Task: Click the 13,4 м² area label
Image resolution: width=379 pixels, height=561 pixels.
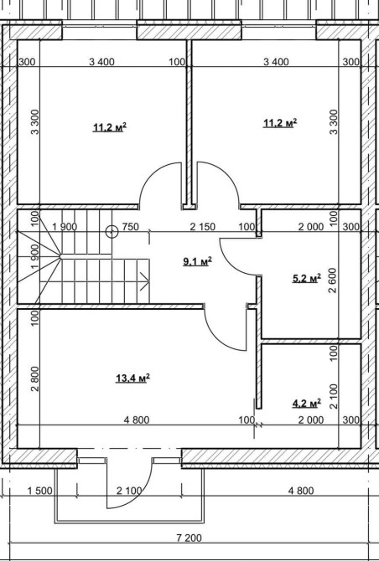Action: (x=132, y=378)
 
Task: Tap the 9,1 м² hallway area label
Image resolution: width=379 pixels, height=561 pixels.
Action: (x=197, y=261)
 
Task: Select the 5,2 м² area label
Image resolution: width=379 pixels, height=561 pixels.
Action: (x=307, y=278)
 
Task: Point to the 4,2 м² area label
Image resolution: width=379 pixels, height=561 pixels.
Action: (x=307, y=404)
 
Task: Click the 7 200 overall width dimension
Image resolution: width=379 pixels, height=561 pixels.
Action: (x=189, y=538)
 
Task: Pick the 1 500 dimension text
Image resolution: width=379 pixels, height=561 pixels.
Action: (x=40, y=491)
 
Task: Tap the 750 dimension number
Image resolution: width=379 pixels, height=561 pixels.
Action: (x=131, y=227)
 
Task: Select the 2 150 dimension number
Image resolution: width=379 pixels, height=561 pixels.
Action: (x=203, y=227)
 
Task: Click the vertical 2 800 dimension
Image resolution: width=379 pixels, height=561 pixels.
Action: (x=34, y=379)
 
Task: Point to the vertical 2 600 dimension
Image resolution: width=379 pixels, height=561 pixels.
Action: (x=333, y=280)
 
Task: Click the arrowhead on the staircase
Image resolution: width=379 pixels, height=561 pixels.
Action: (x=145, y=281)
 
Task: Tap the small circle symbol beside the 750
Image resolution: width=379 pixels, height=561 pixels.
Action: (x=112, y=232)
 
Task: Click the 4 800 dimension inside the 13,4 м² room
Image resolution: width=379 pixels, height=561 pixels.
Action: (x=137, y=419)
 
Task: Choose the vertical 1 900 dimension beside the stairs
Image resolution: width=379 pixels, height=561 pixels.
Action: (x=34, y=256)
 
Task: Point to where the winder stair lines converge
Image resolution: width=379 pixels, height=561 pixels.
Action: (x=60, y=256)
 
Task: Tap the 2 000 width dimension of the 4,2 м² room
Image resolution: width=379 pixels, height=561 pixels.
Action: (x=311, y=419)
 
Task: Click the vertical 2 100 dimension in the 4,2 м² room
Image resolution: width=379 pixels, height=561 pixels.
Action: (x=333, y=396)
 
